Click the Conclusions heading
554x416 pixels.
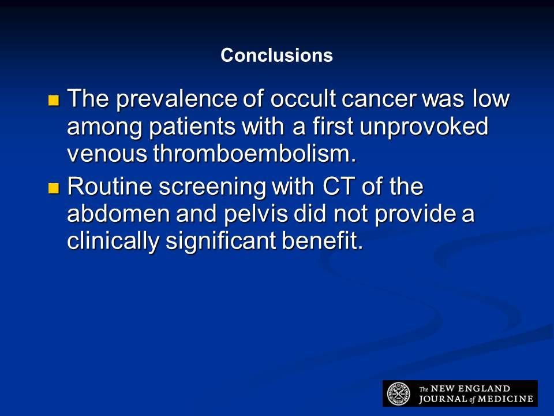click(x=276, y=55)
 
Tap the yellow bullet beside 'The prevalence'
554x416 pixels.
click(x=54, y=101)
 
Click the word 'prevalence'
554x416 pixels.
click(x=177, y=99)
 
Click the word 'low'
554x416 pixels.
click(x=492, y=98)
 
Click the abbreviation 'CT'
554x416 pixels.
click(x=338, y=187)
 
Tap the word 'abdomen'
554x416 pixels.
click(x=119, y=214)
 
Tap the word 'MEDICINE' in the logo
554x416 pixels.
click(x=506, y=399)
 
